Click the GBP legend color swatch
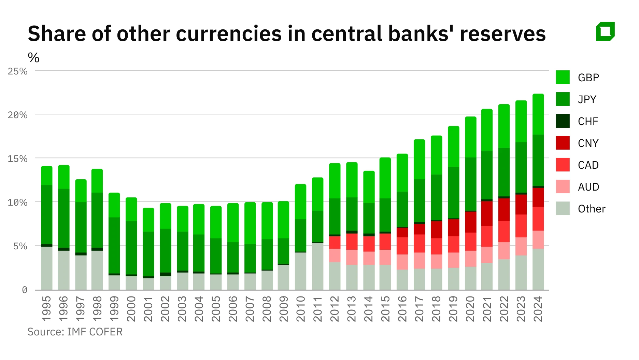563,77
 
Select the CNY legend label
588,143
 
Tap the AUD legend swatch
563,186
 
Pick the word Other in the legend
591,209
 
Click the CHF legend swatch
563,121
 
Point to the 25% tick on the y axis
17,71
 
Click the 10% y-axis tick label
17,202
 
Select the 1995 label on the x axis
46,309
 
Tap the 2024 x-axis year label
538,309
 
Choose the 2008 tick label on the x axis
267,309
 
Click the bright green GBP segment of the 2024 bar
538,114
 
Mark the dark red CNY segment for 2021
487,213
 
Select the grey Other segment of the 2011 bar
317,266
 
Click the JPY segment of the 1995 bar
46,214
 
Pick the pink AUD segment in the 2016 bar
402,262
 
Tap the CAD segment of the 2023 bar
521,226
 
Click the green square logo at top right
605,31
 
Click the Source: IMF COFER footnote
75,332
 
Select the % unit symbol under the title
33,58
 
